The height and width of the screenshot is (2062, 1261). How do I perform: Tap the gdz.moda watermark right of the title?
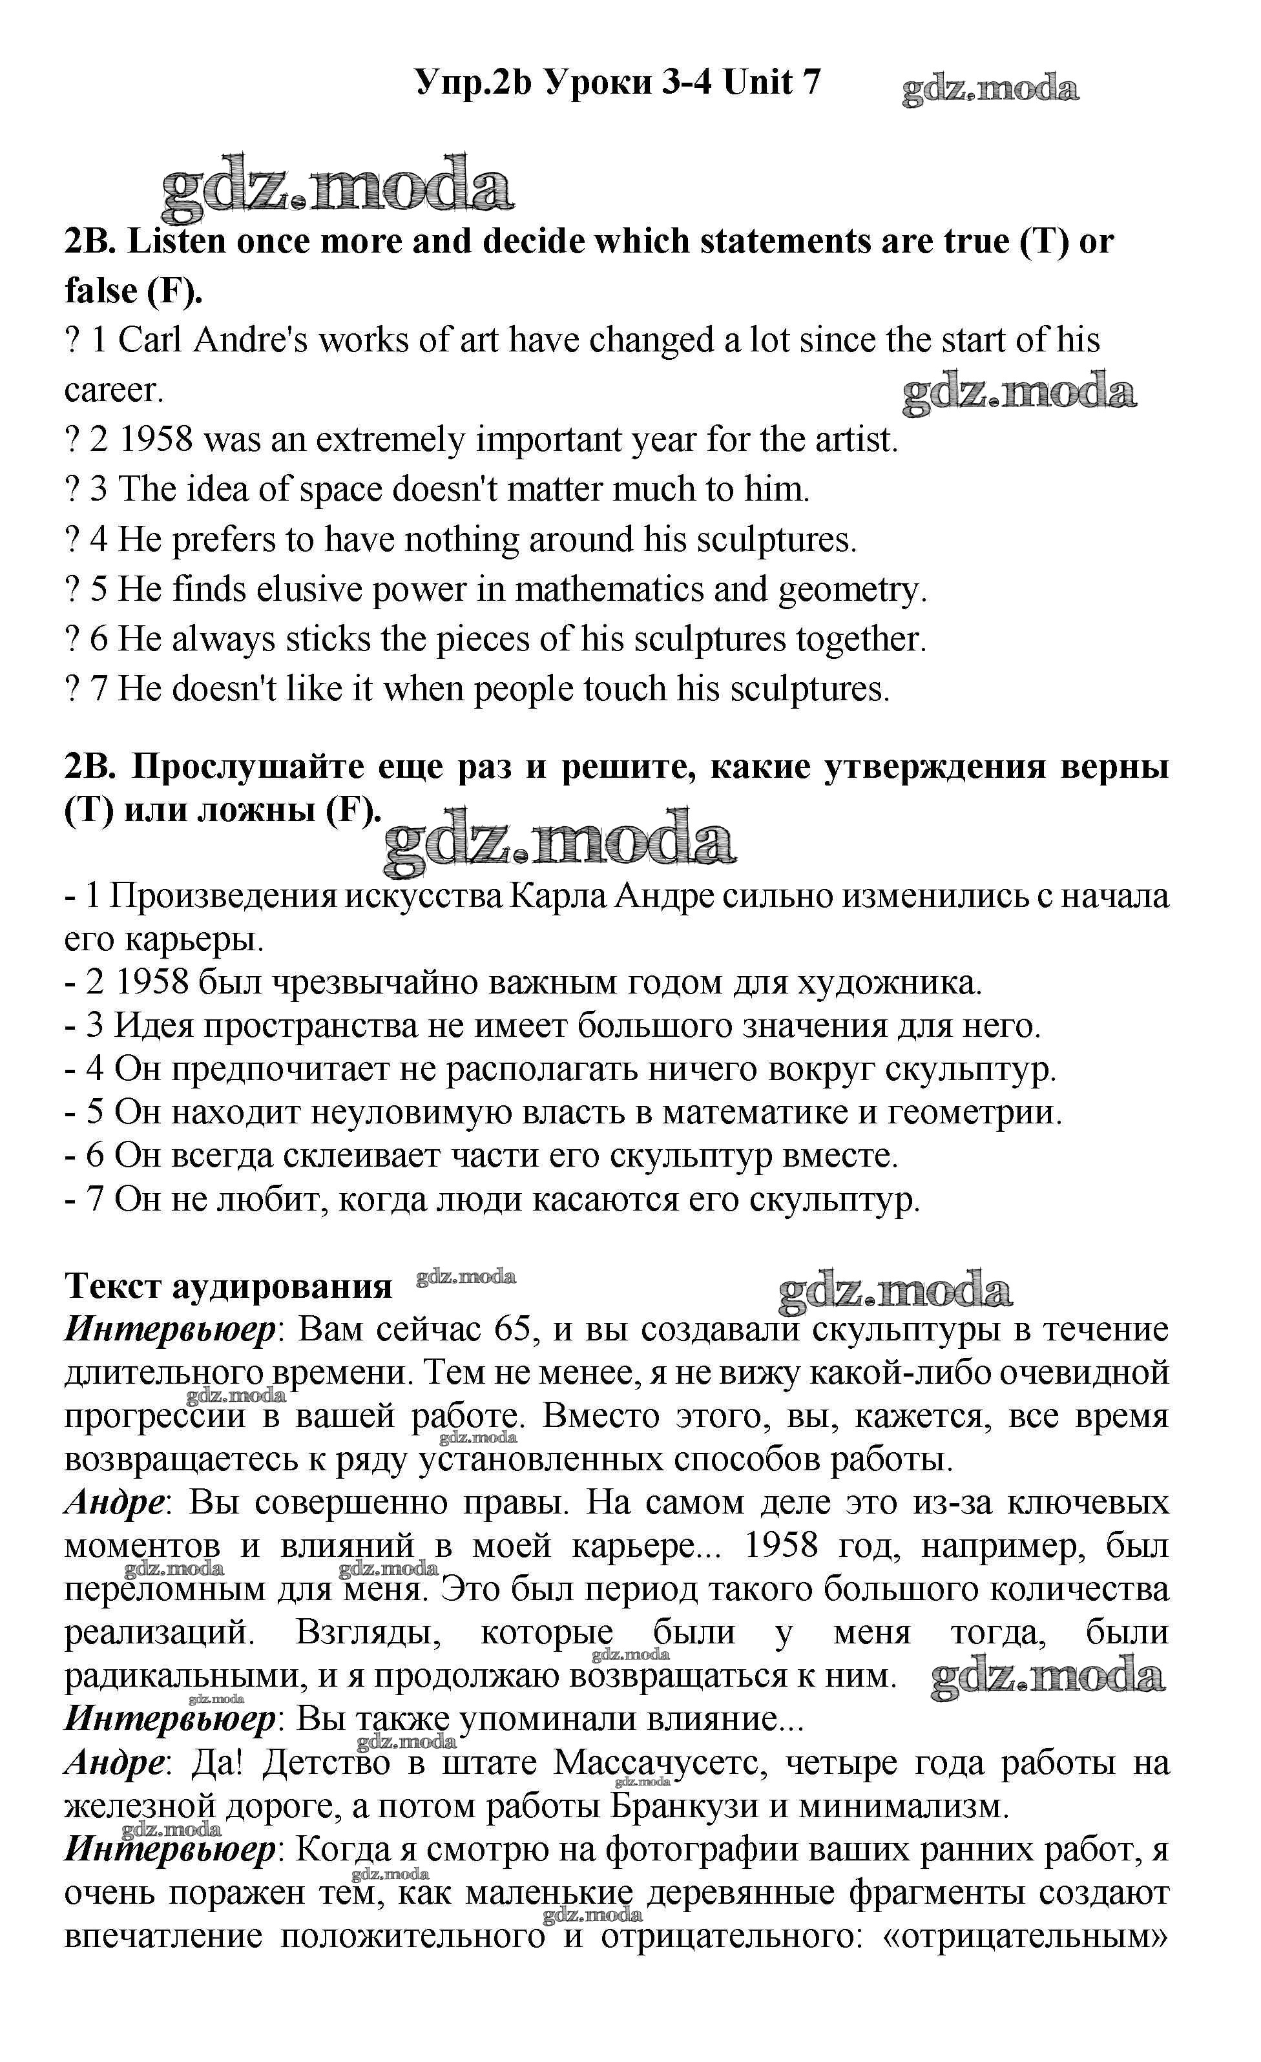[990, 89]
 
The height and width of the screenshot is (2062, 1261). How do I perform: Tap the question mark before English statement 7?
[71, 689]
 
